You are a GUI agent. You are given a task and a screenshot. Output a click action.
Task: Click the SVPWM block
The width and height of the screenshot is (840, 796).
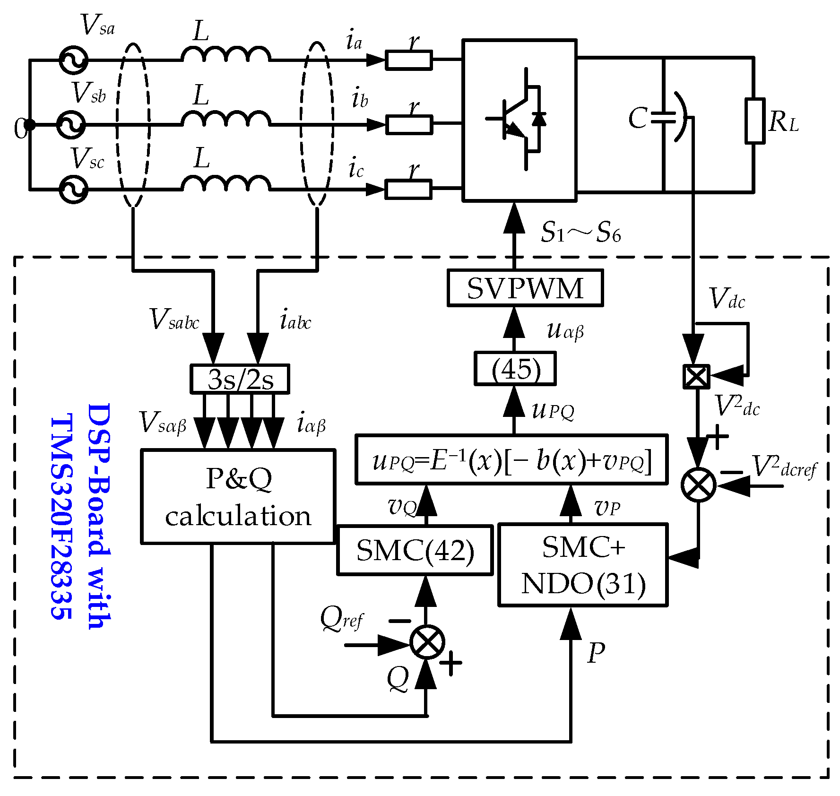[x=525, y=288]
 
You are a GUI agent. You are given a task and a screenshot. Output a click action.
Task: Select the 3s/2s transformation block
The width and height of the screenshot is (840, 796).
[x=240, y=379]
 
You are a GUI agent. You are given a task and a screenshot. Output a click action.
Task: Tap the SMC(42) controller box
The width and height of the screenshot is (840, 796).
[x=415, y=550]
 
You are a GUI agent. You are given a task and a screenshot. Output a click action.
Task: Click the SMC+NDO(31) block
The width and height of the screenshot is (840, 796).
[x=583, y=564]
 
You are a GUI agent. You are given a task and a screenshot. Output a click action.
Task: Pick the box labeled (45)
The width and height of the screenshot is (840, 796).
[x=515, y=369]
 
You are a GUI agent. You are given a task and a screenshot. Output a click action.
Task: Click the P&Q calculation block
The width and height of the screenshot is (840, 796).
[x=238, y=496]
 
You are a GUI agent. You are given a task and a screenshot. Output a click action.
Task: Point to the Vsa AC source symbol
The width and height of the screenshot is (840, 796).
[x=73, y=60]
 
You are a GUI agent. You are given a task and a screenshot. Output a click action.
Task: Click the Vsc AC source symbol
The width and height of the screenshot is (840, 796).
[x=73, y=189]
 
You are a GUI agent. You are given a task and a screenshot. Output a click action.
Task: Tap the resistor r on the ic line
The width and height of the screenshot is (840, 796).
[x=408, y=189]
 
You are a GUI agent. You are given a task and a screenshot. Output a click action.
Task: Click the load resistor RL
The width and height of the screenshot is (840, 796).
[x=755, y=121]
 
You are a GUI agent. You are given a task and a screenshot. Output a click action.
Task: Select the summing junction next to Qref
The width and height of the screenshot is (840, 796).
[x=427, y=642]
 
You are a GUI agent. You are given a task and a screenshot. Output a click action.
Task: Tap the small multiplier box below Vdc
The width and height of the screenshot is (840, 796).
[x=697, y=377]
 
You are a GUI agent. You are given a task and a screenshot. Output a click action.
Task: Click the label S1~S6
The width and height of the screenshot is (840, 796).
[x=580, y=232]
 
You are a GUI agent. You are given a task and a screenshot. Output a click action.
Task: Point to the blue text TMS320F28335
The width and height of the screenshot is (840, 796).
[x=61, y=515]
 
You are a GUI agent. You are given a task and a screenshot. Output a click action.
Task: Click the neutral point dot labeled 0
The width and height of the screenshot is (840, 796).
[x=29, y=125]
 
